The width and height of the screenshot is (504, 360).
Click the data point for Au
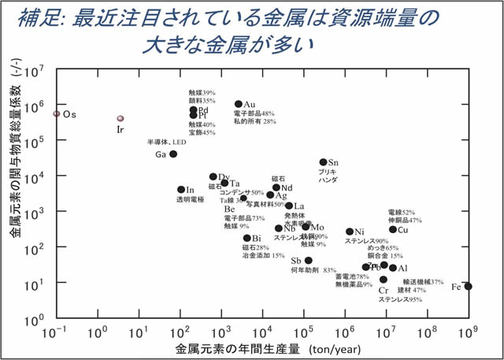click(239, 104)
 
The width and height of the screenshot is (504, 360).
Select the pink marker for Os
click(56, 113)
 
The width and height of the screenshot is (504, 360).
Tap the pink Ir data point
click(120, 119)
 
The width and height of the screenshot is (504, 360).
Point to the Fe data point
click(469, 286)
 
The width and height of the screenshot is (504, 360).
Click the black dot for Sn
click(323, 161)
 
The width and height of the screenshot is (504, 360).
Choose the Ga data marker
click(173, 154)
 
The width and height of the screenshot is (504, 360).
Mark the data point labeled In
click(180, 190)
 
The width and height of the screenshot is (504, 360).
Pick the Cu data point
click(393, 230)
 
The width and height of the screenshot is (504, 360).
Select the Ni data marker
click(350, 232)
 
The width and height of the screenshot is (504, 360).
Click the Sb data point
click(308, 260)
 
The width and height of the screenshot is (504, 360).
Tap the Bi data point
click(246, 238)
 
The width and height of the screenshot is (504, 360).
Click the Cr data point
click(384, 280)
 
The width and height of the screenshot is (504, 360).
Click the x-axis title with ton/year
click(260, 347)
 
